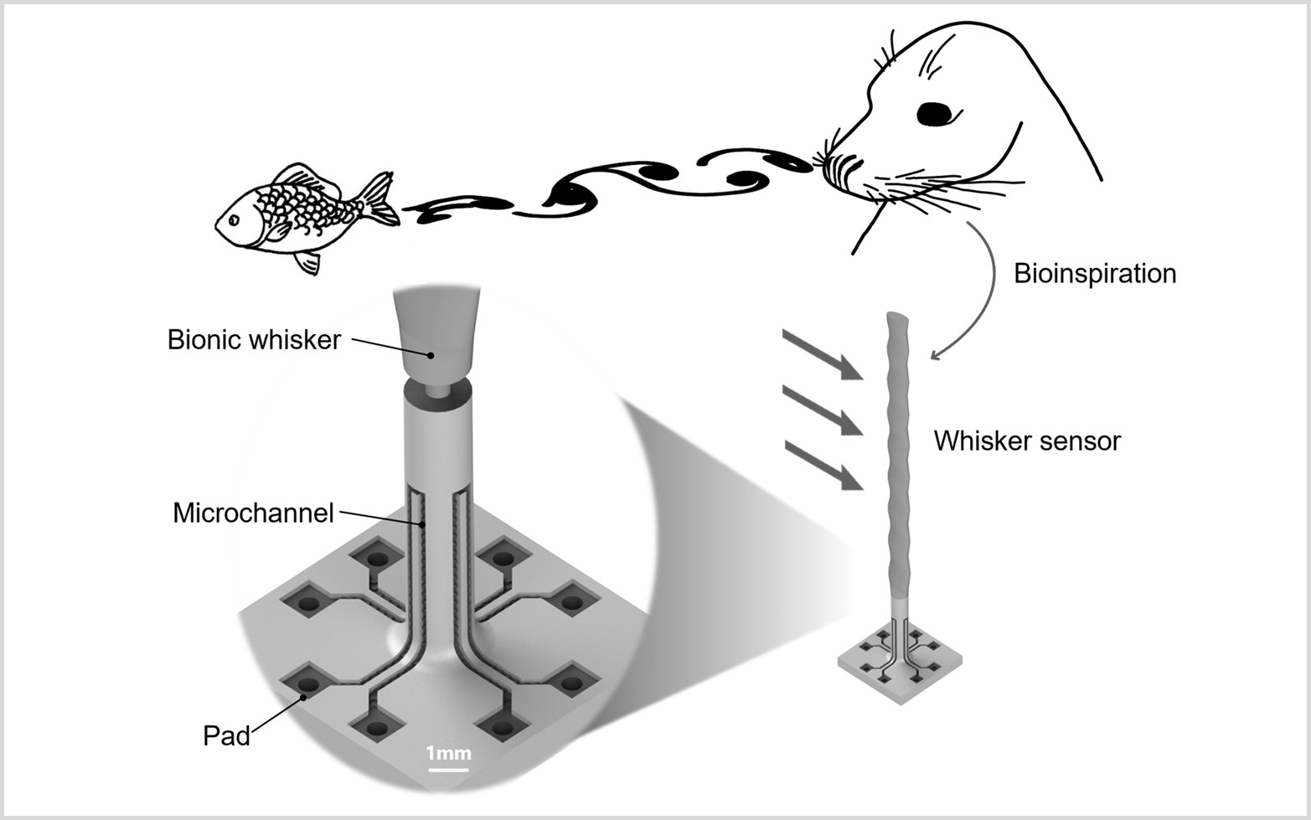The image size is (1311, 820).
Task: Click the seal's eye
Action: (936, 112)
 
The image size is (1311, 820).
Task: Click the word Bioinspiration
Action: (1094, 274)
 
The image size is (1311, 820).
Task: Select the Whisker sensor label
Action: (1027, 441)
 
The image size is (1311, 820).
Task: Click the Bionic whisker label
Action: (254, 339)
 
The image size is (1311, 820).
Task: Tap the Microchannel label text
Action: (253, 513)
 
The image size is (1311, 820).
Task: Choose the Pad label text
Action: (226, 735)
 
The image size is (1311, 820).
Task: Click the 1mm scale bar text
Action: (448, 752)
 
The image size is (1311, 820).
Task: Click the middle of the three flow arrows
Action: (823, 410)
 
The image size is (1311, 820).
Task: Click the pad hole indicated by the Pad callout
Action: (307, 683)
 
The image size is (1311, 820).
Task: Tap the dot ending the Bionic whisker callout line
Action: (431, 355)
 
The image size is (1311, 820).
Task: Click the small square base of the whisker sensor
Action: (899, 666)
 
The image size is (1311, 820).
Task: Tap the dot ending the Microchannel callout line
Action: (423, 524)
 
